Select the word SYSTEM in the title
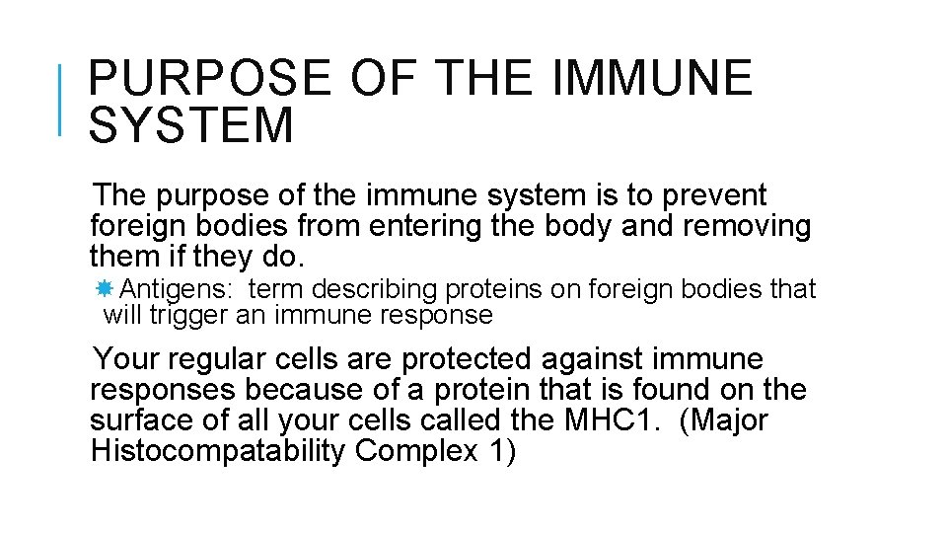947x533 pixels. point(191,126)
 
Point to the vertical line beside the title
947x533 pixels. point(62,99)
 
